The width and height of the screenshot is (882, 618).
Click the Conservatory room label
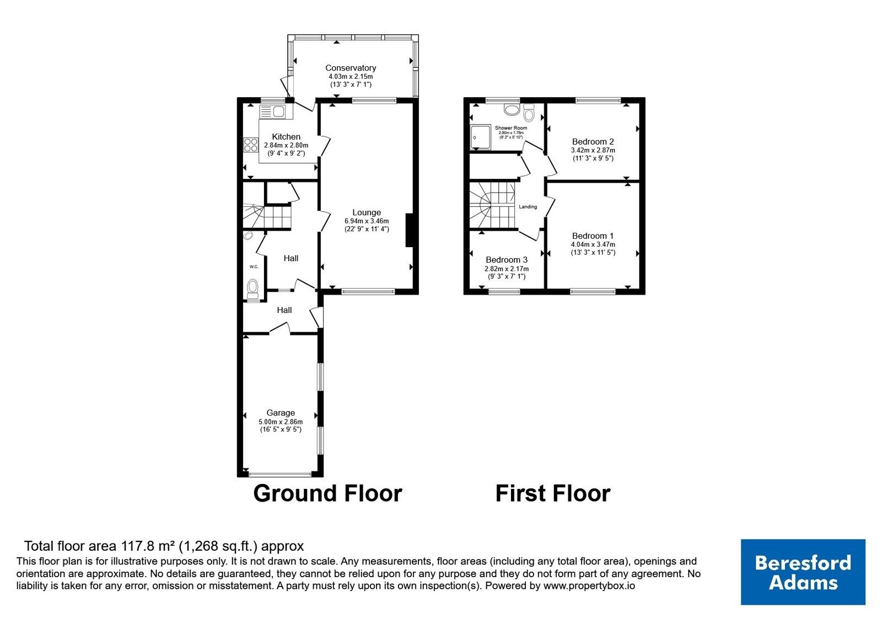pyautogui.click(x=351, y=68)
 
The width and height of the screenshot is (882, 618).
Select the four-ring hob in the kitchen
pyautogui.click(x=251, y=144)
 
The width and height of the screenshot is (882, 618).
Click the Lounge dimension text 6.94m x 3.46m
pyautogui.click(x=367, y=221)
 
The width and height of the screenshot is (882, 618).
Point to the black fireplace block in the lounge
pyautogui.click(x=410, y=230)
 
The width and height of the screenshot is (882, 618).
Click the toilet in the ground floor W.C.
pyautogui.click(x=252, y=289)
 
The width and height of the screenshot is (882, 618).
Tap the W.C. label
pyautogui.click(x=254, y=267)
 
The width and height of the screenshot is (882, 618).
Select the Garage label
pyautogui.click(x=281, y=413)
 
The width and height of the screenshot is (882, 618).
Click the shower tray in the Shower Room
pyautogui.click(x=481, y=137)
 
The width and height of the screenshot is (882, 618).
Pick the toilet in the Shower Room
pyautogui.click(x=529, y=112)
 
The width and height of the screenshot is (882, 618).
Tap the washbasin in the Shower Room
pyautogui.click(x=512, y=110)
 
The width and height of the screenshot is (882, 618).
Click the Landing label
pyautogui.click(x=528, y=206)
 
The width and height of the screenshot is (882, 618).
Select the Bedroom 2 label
pyautogui.click(x=593, y=141)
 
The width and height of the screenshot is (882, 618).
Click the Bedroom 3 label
pyautogui.click(x=507, y=260)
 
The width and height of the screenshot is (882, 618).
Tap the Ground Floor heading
pyautogui.click(x=327, y=493)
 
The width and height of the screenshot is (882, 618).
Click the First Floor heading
pyautogui.click(x=553, y=493)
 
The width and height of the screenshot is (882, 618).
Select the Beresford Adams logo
pyautogui.click(x=803, y=572)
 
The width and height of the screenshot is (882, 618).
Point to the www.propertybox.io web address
pyautogui.click(x=589, y=585)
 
